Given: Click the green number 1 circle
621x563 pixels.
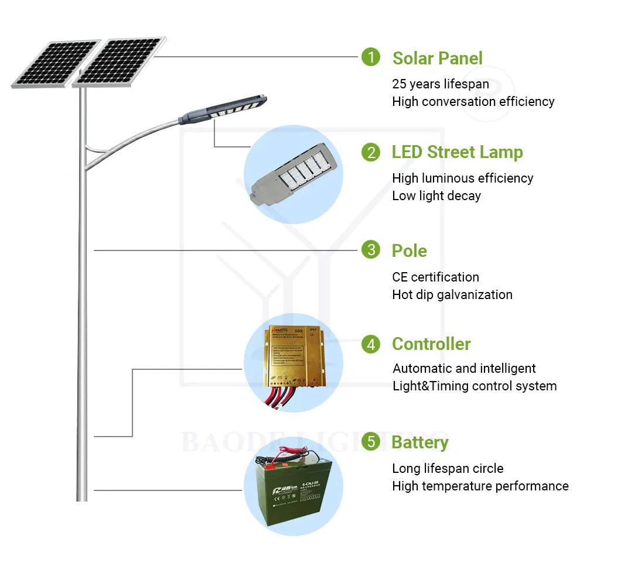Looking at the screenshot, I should (370, 57).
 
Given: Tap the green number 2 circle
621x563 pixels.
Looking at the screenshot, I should (370, 152).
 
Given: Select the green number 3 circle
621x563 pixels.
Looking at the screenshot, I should (370, 250).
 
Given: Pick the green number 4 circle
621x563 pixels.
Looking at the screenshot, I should (370, 344).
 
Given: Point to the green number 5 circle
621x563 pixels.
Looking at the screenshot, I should (370, 442).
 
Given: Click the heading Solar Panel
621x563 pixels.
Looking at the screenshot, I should (437, 59).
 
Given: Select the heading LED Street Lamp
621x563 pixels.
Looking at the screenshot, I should (457, 152).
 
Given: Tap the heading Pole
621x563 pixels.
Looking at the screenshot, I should (409, 251).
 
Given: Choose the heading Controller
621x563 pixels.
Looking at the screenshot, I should (431, 344).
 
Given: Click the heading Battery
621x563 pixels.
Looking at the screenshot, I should (420, 442).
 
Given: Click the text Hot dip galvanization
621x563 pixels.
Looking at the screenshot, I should (452, 295).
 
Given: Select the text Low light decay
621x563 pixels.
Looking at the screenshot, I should (436, 196).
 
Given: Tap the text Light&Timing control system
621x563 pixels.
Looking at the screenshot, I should (475, 386).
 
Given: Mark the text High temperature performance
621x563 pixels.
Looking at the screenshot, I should (480, 486).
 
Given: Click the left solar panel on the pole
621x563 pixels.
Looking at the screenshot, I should (54, 63).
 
